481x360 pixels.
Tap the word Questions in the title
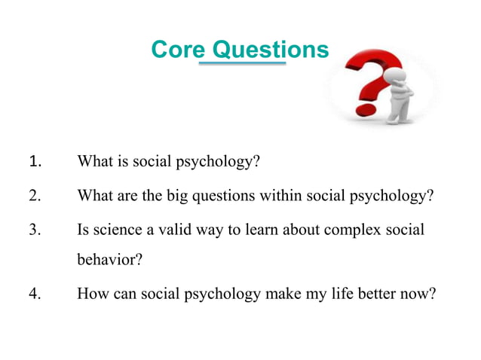coord(271,50)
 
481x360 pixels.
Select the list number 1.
coord(34,161)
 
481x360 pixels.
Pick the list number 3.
coord(34,230)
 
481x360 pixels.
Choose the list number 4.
coord(34,294)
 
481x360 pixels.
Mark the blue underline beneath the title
coord(242,65)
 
